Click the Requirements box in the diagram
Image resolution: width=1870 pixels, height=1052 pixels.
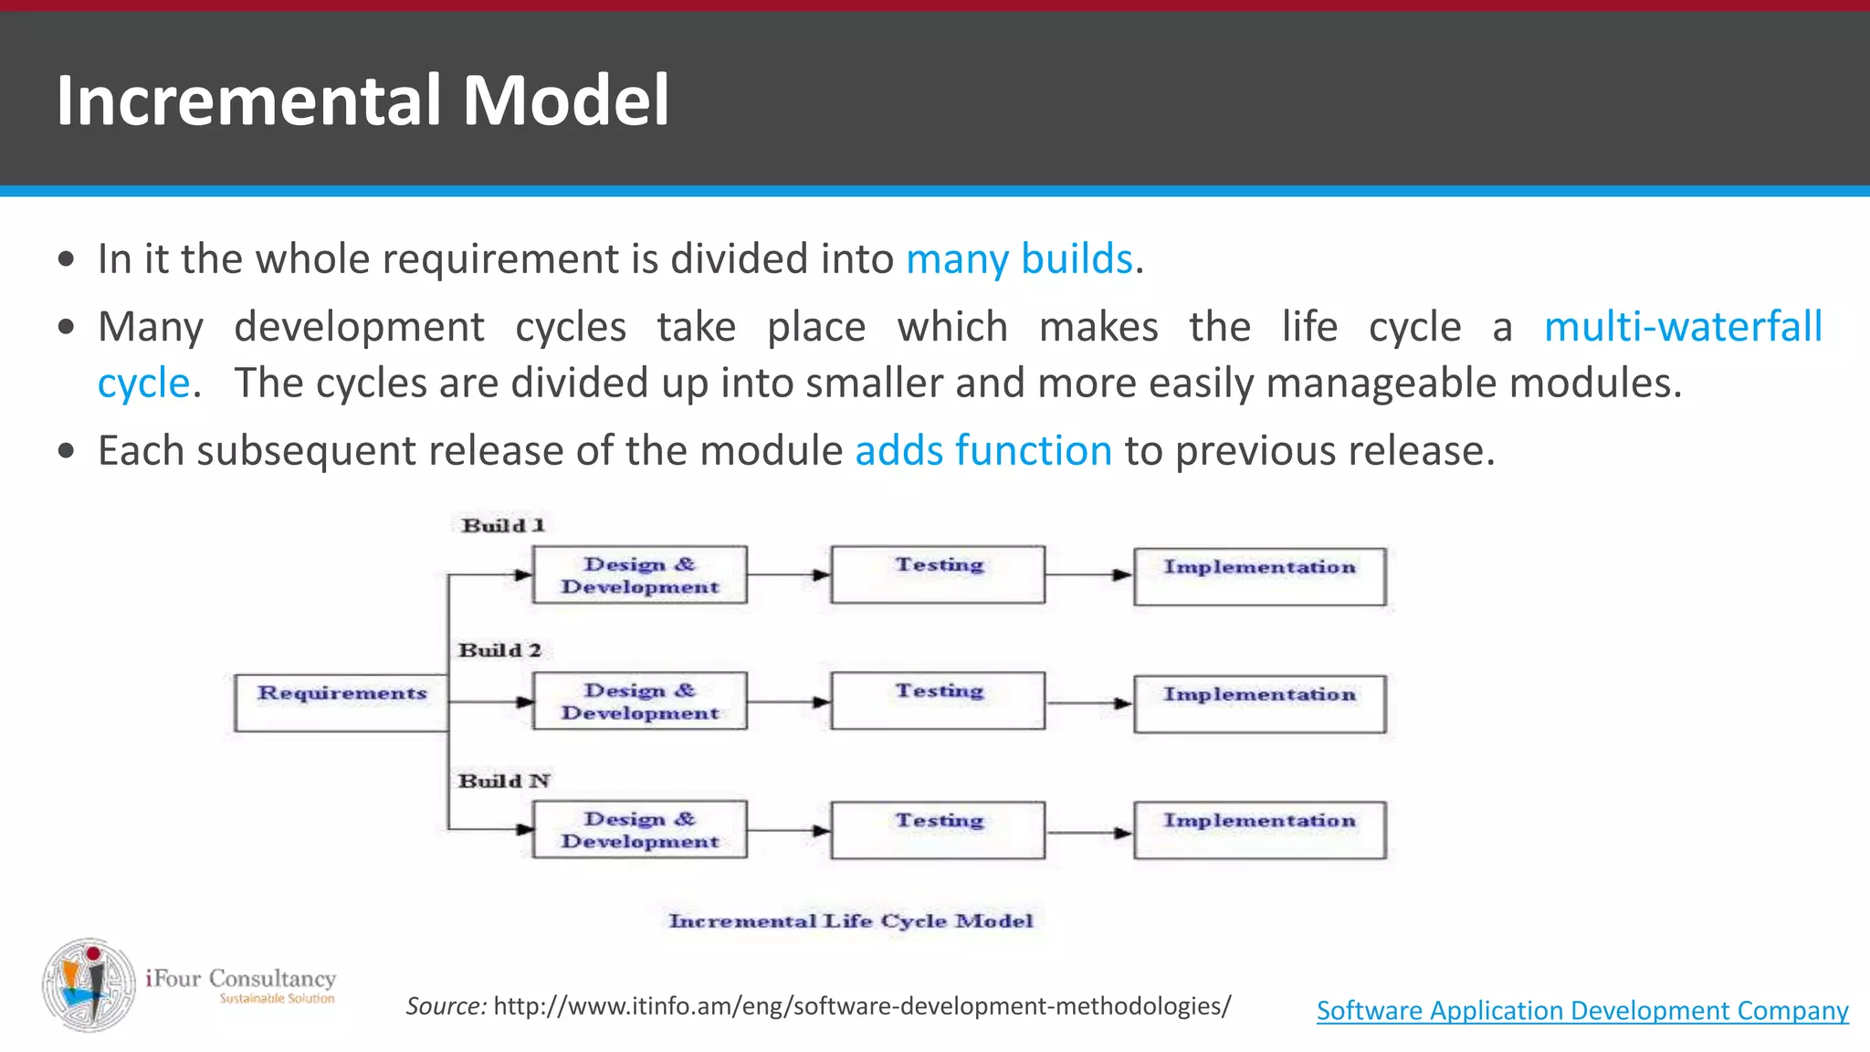pyautogui.click(x=341, y=702)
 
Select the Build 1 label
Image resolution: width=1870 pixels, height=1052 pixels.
pyautogui.click(x=503, y=525)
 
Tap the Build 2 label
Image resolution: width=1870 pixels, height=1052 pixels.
pyautogui.click(x=500, y=650)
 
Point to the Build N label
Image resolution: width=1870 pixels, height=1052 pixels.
pyautogui.click(x=504, y=781)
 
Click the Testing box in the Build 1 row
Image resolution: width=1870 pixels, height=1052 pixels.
pyautogui.click(x=938, y=574)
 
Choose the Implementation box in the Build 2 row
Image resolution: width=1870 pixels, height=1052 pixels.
pyautogui.click(x=1259, y=703)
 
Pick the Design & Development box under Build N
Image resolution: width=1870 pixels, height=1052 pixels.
pyautogui.click(x=639, y=829)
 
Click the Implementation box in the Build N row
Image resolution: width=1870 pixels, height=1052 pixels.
pyautogui.click(x=1259, y=829)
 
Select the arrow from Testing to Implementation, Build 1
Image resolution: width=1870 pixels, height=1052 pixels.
pyautogui.click(x=1088, y=575)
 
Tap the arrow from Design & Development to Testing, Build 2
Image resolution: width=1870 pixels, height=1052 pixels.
pyautogui.click(x=789, y=702)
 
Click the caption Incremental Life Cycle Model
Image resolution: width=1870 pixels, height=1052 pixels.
pyautogui.click(x=851, y=920)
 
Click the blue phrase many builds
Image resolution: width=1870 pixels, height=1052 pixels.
pyautogui.click(x=1019, y=258)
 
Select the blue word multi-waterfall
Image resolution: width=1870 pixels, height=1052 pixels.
pyautogui.click(x=1682, y=326)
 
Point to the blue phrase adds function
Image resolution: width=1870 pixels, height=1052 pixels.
pyautogui.click(x=983, y=450)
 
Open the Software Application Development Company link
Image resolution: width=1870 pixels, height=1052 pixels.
pyautogui.click(x=1582, y=1010)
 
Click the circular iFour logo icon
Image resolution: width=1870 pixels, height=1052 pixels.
pyautogui.click(x=89, y=984)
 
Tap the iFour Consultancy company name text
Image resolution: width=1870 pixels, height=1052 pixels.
pyautogui.click(x=241, y=978)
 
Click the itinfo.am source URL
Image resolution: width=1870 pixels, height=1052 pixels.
pyautogui.click(x=861, y=1005)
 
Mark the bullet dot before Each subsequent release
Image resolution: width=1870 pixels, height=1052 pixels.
pyautogui.click(x=65, y=451)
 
